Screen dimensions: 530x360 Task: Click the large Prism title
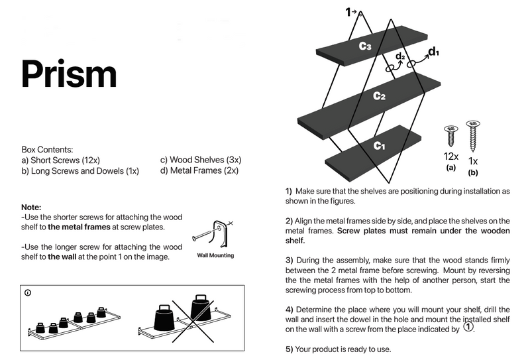(x=69, y=74)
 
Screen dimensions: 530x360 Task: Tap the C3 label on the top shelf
(x=365, y=46)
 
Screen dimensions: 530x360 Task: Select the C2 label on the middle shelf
(x=379, y=95)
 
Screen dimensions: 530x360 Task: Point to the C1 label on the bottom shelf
(x=379, y=145)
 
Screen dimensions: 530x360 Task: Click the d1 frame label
(x=434, y=52)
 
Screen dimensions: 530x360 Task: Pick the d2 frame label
(x=400, y=56)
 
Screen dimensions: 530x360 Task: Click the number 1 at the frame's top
(x=348, y=13)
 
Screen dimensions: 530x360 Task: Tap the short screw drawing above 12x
(x=451, y=136)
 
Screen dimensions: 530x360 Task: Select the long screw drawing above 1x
(x=473, y=136)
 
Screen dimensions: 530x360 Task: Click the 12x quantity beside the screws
(x=451, y=156)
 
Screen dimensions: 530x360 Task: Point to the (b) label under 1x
(x=473, y=172)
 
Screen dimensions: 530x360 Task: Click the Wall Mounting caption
(x=216, y=255)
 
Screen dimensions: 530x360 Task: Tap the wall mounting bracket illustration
(x=213, y=234)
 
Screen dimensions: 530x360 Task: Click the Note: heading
(x=31, y=207)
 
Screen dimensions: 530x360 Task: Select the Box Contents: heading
(x=47, y=150)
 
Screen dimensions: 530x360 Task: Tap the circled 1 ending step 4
(x=468, y=327)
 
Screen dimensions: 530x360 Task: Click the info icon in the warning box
(x=28, y=293)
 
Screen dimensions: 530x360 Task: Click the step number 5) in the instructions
(x=289, y=349)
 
